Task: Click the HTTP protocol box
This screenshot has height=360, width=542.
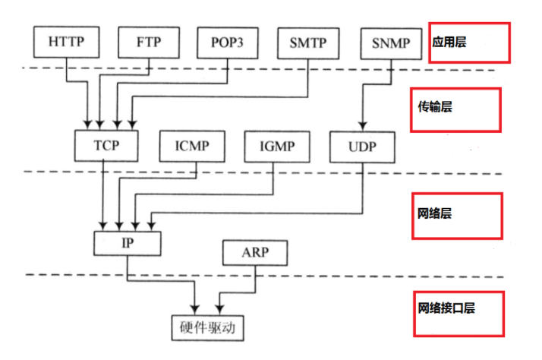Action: (x=67, y=43)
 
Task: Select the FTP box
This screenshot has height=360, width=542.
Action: (x=148, y=43)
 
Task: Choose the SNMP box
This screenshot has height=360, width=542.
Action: (x=390, y=43)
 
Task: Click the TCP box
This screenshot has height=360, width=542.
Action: (x=107, y=145)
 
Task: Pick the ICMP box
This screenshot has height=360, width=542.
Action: (x=193, y=145)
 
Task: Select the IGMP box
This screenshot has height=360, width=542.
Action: (x=277, y=145)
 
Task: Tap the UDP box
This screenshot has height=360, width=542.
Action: (x=362, y=145)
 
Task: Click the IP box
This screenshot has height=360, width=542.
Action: (x=128, y=243)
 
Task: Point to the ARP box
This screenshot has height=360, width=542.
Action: (x=255, y=252)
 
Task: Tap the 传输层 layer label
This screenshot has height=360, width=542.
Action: (x=436, y=109)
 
